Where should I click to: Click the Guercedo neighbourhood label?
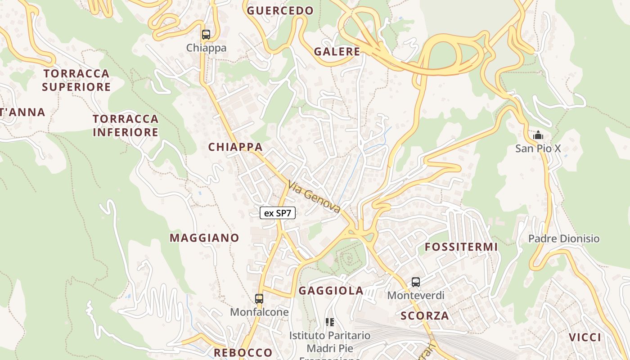(x=280, y=10)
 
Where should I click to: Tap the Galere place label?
(x=337, y=51)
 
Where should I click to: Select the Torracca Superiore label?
(x=76, y=80)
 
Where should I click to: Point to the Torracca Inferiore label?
(x=126, y=126)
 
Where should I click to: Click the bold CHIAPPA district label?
(x=235, y=147)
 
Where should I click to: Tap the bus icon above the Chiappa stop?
(x=206, y=35)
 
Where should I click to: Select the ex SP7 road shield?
(x=278, y=213)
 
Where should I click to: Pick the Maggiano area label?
(x=204, y=238)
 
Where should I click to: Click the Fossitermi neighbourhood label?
(x=461, y=247)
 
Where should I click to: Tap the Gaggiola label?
(x=331, y=290)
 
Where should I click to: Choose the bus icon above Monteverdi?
(x=416, y=282)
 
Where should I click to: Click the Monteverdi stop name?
(x=416, y=295)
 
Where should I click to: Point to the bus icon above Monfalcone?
(x=259, y=298)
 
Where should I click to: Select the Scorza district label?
(x=425, y=315)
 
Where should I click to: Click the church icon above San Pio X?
(x=538, y=135)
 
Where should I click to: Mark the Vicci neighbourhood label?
(x=585, y=337)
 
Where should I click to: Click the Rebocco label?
(x=243, y=352)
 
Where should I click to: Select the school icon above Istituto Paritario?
(x=330, y=322)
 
